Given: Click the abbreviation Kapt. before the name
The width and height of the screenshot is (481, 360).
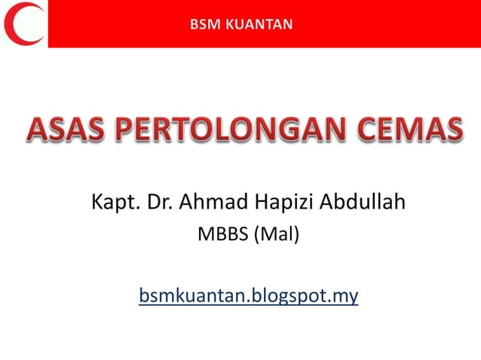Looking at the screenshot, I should tap(112, 204).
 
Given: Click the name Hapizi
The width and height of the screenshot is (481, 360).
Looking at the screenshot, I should tap(286, 204).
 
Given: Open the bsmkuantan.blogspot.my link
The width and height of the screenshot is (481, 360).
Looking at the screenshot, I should tap(248, 296).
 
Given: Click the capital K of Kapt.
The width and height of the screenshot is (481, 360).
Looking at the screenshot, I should tap(97, 203).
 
